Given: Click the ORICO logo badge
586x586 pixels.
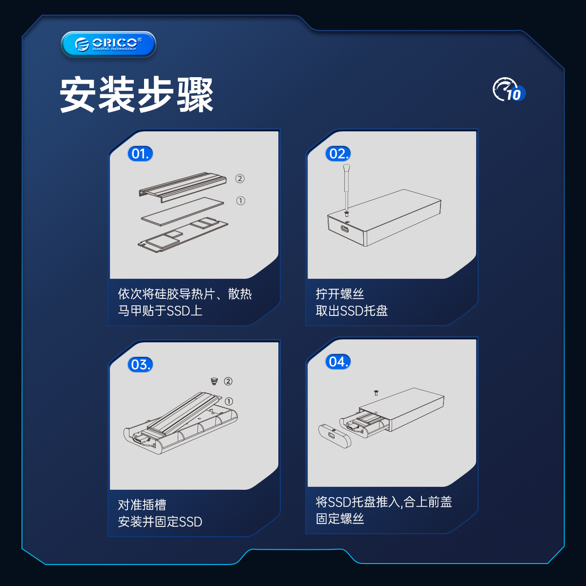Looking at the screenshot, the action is (108, 44).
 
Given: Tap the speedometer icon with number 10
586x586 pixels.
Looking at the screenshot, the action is (508, 89).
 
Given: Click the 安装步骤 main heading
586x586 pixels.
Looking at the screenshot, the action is (136, 95).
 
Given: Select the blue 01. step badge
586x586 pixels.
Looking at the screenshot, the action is (140, 153).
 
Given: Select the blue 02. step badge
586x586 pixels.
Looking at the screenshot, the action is (338, 153).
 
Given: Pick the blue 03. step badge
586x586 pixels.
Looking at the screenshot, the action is (140, 364).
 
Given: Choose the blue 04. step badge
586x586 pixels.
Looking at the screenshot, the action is (338, 362).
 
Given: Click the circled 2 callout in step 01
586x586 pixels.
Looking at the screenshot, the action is (240, 179).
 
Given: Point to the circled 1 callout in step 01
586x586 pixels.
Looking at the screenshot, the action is (241, 201).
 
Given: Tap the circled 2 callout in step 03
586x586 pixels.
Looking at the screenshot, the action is (228, 381).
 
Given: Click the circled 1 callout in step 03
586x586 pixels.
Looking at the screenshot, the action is (229, 401).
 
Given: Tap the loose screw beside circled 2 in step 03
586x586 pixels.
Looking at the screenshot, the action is (214, 381).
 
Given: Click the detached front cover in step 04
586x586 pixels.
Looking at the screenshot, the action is (334, 436).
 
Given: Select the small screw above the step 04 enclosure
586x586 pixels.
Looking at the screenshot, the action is (376, 393).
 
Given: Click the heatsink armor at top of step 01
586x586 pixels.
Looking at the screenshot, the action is (183, 187).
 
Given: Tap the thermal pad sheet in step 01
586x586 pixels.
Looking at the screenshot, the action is (183, 211).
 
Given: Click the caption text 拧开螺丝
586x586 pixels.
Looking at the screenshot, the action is (340, 294).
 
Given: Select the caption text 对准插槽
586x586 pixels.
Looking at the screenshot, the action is (142, 505).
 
